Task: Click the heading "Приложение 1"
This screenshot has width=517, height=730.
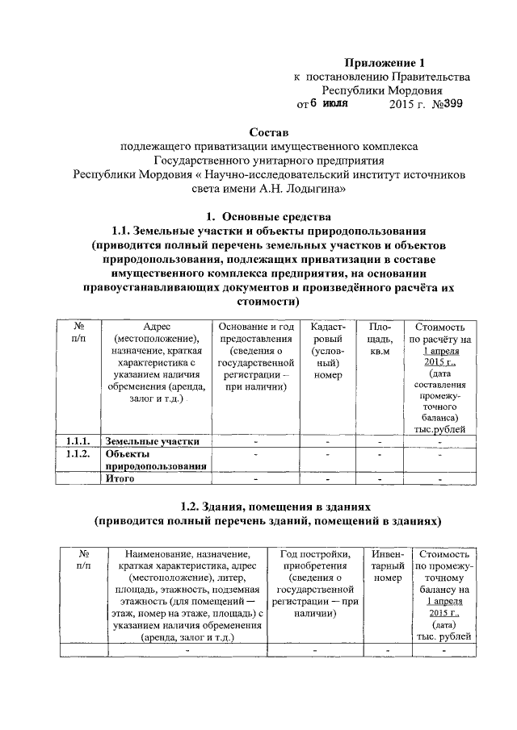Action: click(x=384, y=62)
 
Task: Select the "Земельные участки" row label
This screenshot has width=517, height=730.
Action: click(x=153, y=441)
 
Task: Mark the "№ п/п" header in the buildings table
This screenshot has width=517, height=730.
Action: click(x=83, y=561)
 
